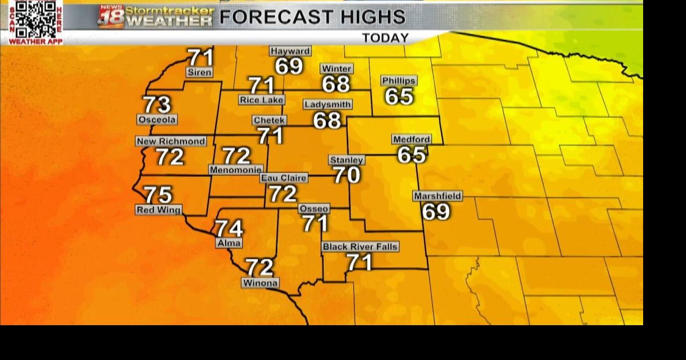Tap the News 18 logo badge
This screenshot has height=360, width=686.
[111, 17]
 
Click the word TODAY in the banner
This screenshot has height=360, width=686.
[385, 38]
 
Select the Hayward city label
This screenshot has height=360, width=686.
[290, 51]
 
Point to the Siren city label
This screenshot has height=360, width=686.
[199, 72]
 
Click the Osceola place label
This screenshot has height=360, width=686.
[157, 119]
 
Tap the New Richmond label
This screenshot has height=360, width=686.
[171, 141]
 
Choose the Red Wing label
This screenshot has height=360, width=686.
[158, 210]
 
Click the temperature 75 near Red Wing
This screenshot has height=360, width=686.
[158, 194]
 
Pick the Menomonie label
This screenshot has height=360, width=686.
[236, 170]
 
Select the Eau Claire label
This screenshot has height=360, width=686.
[284, 178]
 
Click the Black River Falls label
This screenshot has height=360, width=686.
[360, 246]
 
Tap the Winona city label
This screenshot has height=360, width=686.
[260, 283]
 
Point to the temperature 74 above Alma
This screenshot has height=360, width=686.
[229, 228]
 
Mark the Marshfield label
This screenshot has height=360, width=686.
[437, 196]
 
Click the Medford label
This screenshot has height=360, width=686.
[412, 139]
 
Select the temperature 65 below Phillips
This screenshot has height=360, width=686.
[399, 96]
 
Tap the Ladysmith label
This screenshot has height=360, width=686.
[327, 104]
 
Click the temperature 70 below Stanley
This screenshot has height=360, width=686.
[347, 175]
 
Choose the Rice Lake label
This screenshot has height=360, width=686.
[262, 100]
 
